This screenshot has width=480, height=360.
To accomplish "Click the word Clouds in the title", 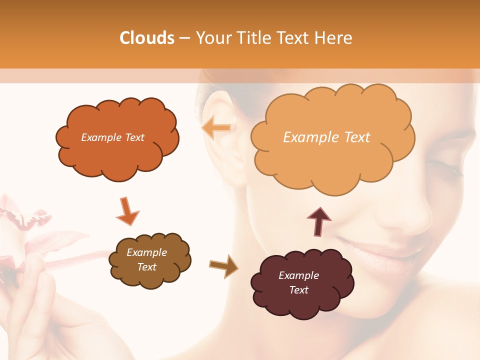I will pos(146,38).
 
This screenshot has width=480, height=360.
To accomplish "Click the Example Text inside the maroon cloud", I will pos(298,282).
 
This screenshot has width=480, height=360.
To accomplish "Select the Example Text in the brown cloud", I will pos(146,259).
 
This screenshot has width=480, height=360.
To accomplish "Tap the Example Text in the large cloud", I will pos(326,137).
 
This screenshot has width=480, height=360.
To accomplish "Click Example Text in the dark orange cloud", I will pos(112,137).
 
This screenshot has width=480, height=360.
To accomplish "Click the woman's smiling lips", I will pos(380,250).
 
